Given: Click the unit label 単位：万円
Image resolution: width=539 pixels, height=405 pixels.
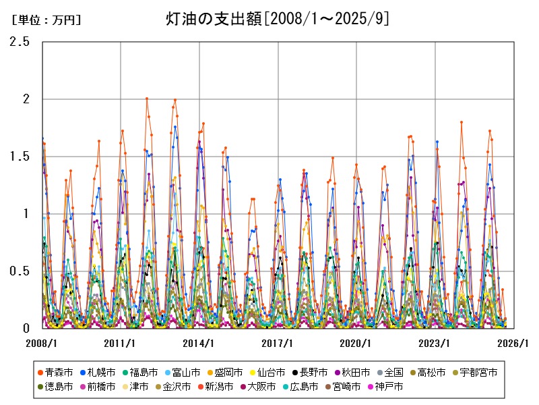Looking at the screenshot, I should point(46,20).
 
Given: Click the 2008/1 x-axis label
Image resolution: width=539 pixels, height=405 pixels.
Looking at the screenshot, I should point(42,342).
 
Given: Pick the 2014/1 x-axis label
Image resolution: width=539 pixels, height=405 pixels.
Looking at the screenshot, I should point(199,342).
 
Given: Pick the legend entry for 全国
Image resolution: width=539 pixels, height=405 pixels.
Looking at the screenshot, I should point(393,372).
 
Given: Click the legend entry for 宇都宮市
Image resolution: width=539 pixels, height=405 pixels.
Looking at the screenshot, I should point(479,372).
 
